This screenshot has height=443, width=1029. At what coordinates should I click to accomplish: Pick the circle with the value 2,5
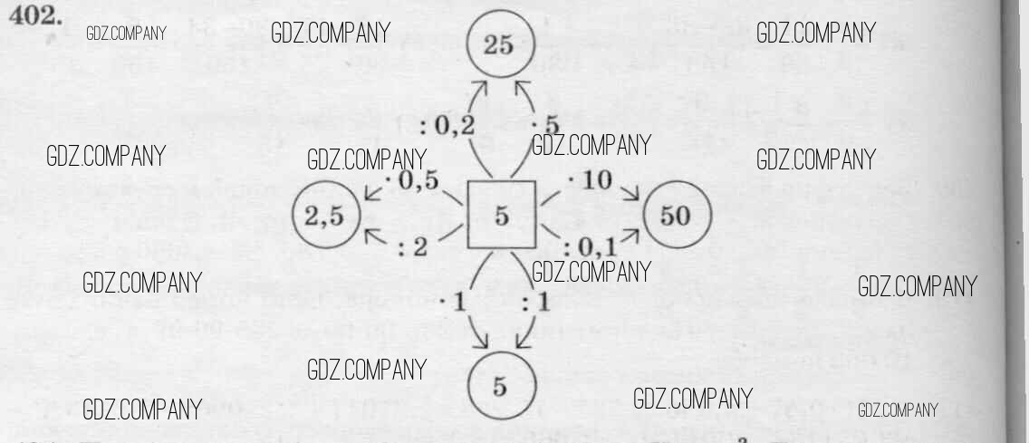pos(325,217)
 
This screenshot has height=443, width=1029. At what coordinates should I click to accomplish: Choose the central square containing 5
pos(500,216)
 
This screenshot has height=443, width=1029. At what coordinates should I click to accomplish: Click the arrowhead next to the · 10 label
pos(630,193)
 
